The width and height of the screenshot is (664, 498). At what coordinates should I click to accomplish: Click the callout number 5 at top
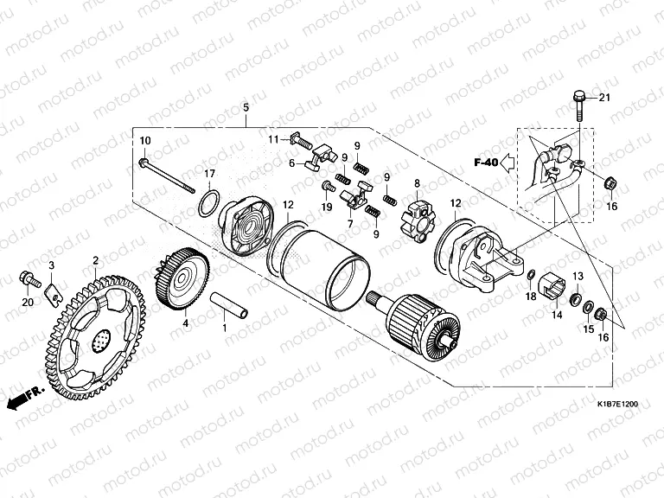[x=246, y=107]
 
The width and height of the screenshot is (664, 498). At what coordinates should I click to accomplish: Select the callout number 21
[x=604, y=96]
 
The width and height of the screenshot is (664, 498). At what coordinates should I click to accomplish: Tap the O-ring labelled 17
[x=208, y=204]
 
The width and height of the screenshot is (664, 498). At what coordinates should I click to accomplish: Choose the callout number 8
[x=417, y=183]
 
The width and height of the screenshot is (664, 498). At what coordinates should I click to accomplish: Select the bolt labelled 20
[x=27, y=279]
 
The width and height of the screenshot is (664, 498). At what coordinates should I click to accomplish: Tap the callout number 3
[x=51, y=265]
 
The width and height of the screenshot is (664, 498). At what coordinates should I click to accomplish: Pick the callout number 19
[x=327, y=207]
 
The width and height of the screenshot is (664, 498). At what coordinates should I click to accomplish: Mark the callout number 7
[x=350, y=225]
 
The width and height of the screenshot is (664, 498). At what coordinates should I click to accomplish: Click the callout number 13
[x=578, y=276]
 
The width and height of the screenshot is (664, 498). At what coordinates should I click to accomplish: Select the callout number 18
[x=531, y=297]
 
